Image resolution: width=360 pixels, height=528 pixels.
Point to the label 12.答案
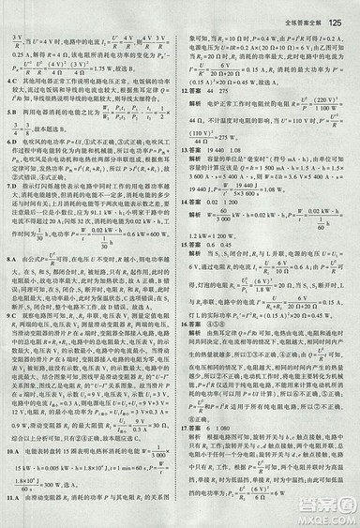click(x=192, y=91)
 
